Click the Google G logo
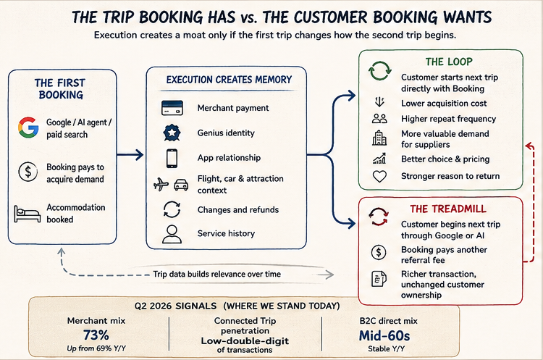coord(28,127)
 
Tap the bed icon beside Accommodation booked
coord(27,214)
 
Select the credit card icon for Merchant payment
coord(172,108)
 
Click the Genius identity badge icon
coord(172,133)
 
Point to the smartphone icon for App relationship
coord(172,159)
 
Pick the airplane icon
coord(161,184)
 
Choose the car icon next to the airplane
coord(181,185)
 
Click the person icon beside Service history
coord(172,234)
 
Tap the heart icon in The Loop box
coord(379,177)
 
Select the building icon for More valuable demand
coord(379,138)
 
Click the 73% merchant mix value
coord(96,335)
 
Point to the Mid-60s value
coord(384,336)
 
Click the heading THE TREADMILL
coord(448,209)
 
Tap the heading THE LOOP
coord(449,62)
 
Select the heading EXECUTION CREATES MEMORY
coord(229,80)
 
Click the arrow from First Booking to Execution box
coord(130,154)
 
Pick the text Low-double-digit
coord(245,341)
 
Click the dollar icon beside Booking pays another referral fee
coord(379,252)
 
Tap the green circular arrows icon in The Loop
coord(379,71)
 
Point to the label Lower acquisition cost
coord(444,104)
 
